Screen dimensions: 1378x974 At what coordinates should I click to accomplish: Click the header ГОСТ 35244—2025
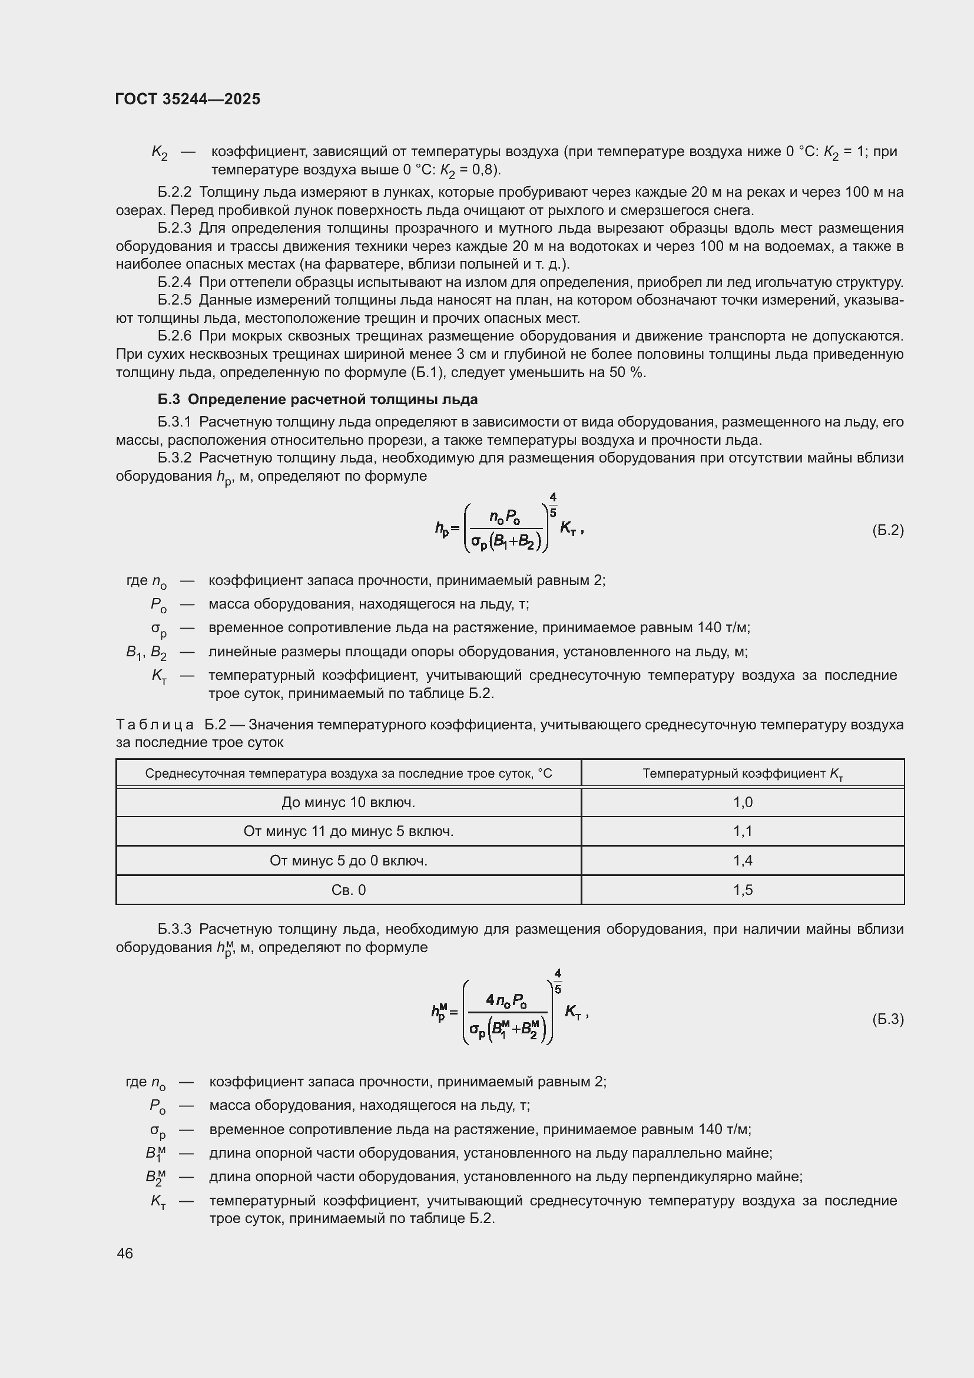pyautogui.click(x=188, y=99)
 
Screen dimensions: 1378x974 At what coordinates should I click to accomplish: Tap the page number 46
pyautogui.click(x=125, y=1253)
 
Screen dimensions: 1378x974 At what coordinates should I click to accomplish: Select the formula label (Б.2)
pyautogui.click(x=887, y=530)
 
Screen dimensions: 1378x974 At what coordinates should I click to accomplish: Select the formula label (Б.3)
pyautogui.click(x=887, y=1019)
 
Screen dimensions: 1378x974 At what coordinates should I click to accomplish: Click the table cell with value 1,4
pyautogui.click(x=743, y=861)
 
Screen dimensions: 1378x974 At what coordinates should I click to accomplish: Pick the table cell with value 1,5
pyautogui.click(x=743, y=890)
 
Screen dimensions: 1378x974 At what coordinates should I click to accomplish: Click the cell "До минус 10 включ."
pyautogui.click(x=349, y=802)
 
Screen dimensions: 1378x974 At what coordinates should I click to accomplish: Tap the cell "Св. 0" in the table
pyautogui.click(x=349, y=890)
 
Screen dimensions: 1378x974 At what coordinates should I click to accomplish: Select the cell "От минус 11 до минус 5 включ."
pyautogui.click(x=349, y=831)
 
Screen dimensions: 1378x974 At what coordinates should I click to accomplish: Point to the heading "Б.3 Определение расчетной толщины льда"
pyautogui.click(x=318, y=399)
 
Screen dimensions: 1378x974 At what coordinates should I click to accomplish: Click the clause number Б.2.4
pyautogui.click(x=174, y=282)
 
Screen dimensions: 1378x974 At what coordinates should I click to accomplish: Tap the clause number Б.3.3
pyautogui.click(x=174, y=929)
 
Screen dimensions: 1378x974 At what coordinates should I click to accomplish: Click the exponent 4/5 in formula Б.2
pyautogui.click(x=553, y=505)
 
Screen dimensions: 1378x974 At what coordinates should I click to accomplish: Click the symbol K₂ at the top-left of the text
pyautogui.click(x=159, y=153)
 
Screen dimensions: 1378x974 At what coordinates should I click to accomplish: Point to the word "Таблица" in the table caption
pyautogui.click(x=155, y=725)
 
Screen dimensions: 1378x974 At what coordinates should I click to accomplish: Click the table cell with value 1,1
pyautogui.click(x=743, y=831)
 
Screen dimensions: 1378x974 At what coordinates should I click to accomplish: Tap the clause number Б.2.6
pyautogui.click(x=174, y=335)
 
